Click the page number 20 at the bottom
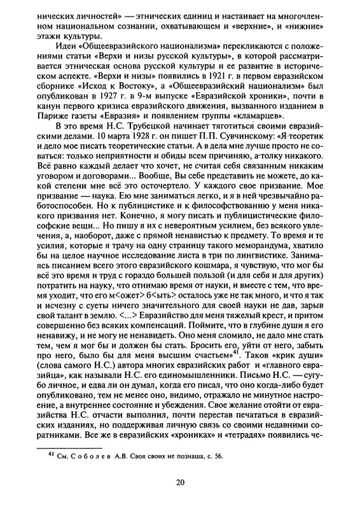(180, 481)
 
